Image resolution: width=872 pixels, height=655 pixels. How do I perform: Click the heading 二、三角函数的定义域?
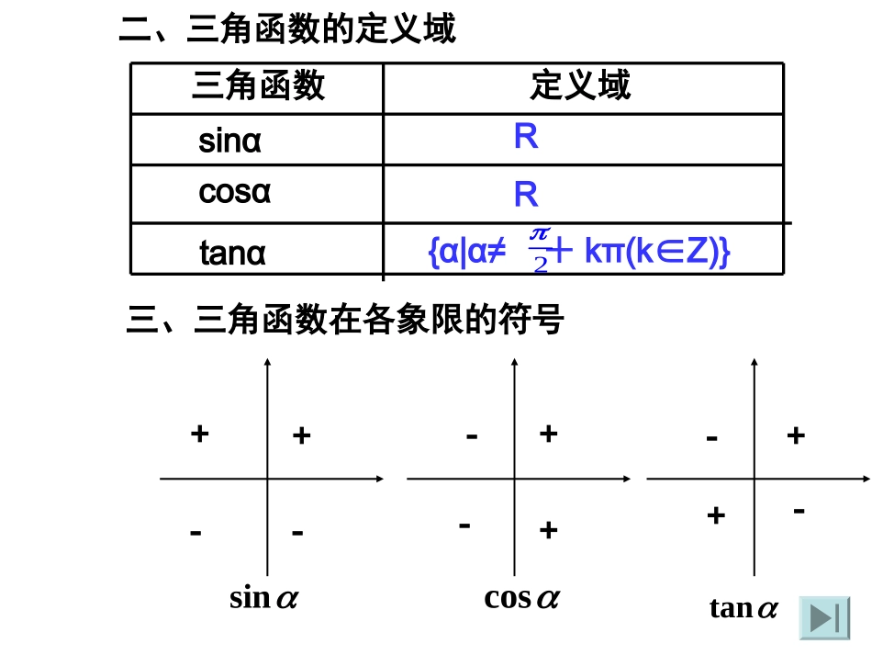(x=287, y=30)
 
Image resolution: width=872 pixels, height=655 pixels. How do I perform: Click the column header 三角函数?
(x=258, y=86)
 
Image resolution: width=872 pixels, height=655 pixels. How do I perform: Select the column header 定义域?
(x=580, y=85)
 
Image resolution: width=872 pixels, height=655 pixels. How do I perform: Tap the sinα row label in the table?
(x=230, y=142)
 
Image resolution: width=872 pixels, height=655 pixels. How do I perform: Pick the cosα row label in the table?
(x=235, y=194)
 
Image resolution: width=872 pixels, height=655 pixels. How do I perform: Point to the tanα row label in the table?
(x=233, y=252)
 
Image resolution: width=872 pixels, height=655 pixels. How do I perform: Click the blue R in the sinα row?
(x=526, y=138)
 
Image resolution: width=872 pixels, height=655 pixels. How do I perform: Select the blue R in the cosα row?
(x=526, y=195)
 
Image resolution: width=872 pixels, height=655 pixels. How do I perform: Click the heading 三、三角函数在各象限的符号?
(x=344, y=321)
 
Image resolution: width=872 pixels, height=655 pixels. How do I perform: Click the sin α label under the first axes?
(x=263, y=598)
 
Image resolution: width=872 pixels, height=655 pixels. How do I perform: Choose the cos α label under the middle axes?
(x=521, y=598)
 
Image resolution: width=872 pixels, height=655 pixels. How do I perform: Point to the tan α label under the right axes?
(x=743, y=607)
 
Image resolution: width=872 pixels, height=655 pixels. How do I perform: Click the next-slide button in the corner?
(x=824, y=618)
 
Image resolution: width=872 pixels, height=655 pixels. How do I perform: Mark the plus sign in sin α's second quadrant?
(x=199, y=433)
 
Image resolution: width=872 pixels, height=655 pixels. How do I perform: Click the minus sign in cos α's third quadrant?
(x=465, y=525)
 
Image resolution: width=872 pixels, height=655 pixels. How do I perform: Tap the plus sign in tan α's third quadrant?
(x=716, y=515)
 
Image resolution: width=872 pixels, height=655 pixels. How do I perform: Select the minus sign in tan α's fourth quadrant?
(x=799, y=509)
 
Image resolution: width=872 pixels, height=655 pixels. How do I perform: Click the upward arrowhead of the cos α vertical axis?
(x=512, y=363)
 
